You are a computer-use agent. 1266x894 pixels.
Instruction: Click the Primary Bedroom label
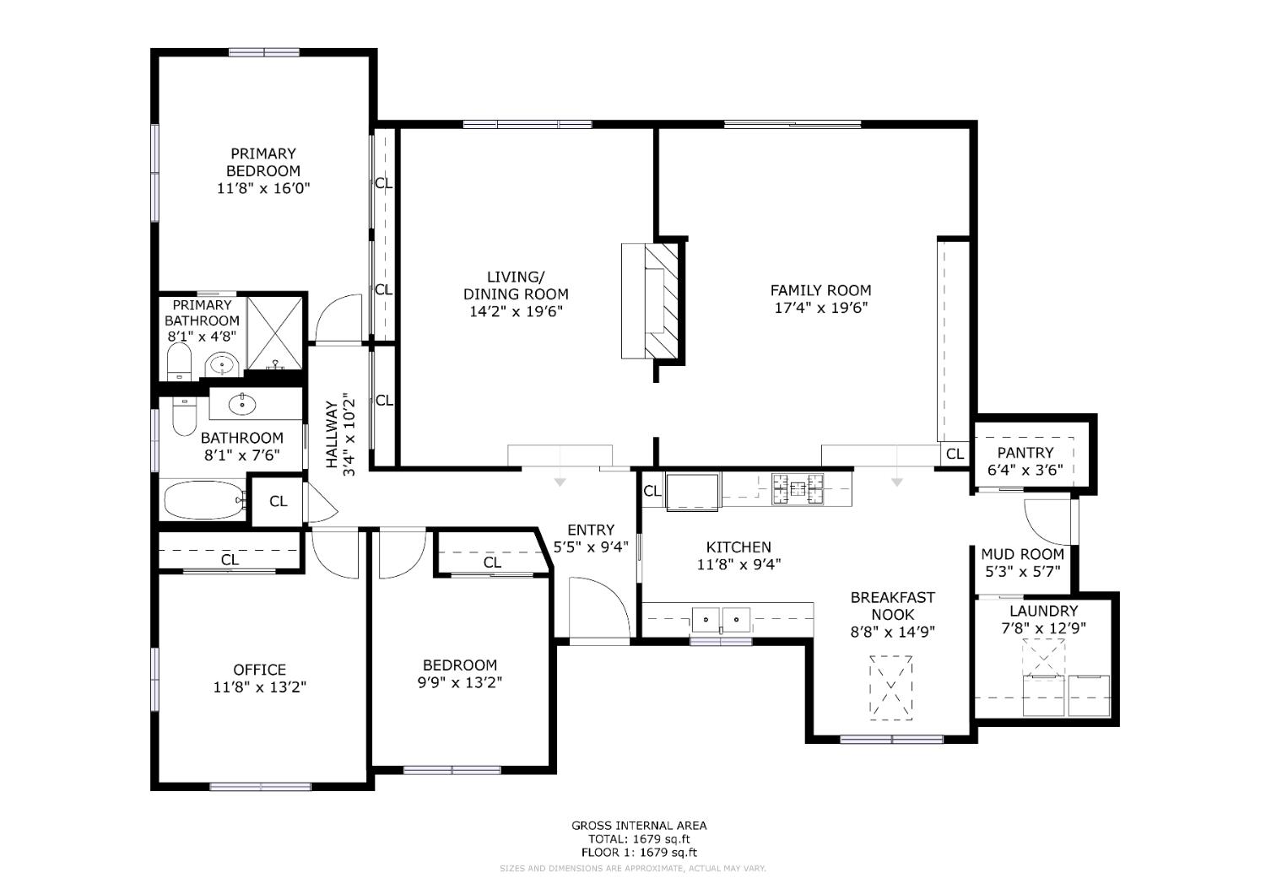pos(262,162)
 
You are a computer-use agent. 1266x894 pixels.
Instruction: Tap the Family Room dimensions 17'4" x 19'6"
pos(820,308)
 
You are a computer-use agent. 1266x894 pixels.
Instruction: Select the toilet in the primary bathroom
pos(180,362)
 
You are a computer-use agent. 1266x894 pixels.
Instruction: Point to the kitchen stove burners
pos(798,488)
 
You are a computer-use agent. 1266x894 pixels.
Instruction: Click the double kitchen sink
pos(721,620)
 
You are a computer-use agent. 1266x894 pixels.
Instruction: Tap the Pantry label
pos(1025,452)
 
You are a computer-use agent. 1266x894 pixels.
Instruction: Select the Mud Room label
pos(1022,554)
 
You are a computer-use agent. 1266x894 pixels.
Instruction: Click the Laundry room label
pos(1044,611)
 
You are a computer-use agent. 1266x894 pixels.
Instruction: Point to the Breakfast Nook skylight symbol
pos(890,687)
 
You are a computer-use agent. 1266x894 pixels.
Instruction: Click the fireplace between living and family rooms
pos(650,301)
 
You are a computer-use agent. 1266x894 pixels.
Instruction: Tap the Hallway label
pos(332,434)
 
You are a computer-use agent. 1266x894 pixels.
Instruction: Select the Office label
pos(259,669)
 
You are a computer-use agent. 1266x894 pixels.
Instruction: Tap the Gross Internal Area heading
pos(639,826)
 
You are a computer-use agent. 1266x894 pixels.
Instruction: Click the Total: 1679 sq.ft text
pos(639,839)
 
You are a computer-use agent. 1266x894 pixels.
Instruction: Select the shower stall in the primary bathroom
pos(275,333)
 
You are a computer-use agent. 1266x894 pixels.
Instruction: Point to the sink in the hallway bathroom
pos(242,404)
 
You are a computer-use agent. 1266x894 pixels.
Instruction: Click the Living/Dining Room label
pos(516,285)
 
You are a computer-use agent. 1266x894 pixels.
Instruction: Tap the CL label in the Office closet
pos(230,560)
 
